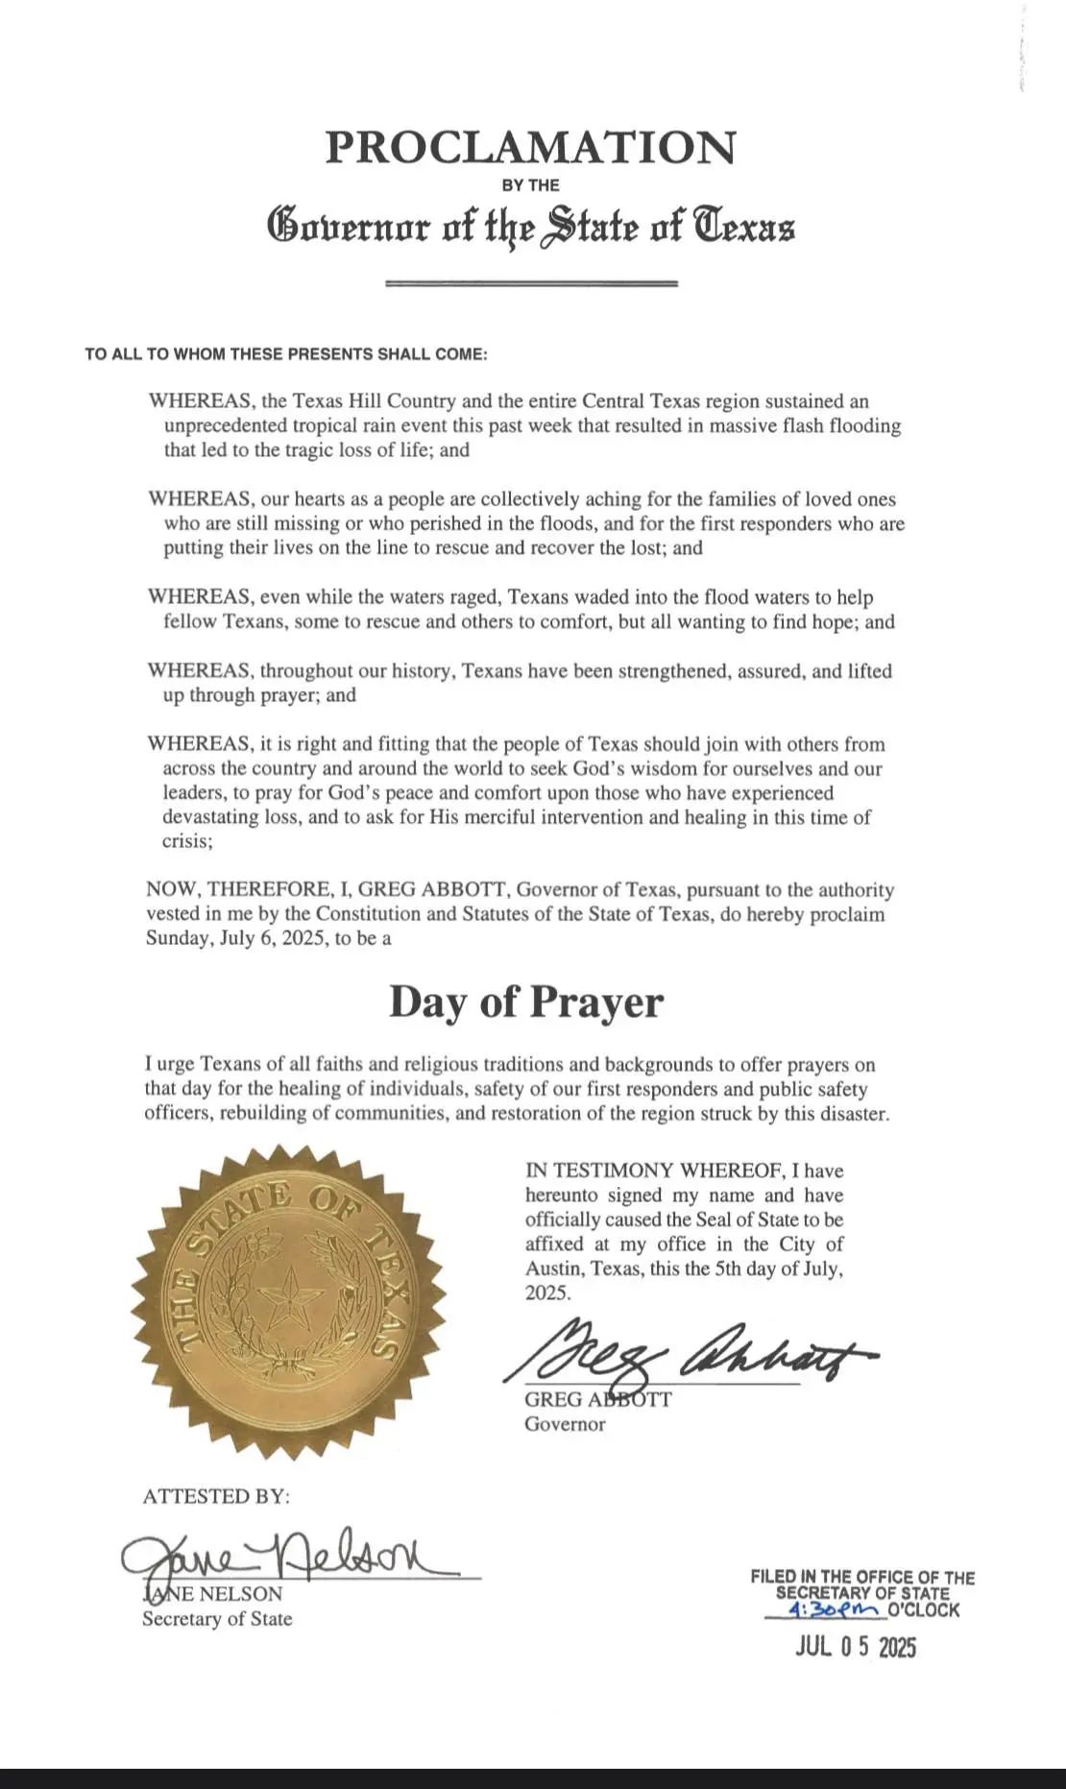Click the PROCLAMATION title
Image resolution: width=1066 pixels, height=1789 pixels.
coord(530,147)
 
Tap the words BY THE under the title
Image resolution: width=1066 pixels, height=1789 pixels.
coord(530,185)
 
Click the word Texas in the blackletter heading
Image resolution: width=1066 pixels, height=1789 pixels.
coord(745,227)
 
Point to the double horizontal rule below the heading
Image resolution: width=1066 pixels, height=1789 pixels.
coord(531,283)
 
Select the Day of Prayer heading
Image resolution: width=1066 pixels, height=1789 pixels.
coord(525,1002)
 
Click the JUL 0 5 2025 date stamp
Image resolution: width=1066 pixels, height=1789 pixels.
coord(856,1648)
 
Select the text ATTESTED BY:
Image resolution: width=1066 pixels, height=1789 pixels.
coord(216,1496)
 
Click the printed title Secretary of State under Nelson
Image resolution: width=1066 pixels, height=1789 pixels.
coord(217,1619)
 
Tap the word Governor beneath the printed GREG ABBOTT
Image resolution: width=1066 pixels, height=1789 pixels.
coord(565,1424)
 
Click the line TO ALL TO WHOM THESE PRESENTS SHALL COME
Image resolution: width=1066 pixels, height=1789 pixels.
coord(286,354)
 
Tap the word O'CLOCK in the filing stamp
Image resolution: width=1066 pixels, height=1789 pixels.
coord(924,1610)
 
